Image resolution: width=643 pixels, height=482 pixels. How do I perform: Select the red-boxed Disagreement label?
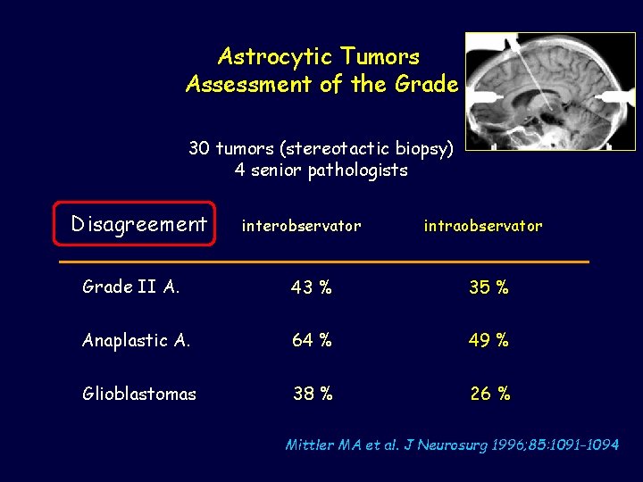coord(138,224)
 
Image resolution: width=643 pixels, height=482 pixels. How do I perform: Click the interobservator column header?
coord(301,226)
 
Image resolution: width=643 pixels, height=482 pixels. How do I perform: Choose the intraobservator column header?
coord(482,226)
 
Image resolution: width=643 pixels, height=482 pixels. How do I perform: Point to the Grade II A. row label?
coord(130,287)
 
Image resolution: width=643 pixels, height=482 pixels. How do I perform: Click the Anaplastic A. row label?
coord(136,340)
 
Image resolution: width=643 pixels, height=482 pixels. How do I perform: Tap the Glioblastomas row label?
coord(138,394)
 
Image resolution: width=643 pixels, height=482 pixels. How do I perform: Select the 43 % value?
coord(311,287)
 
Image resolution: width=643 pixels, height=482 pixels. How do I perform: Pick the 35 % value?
coord(489,287)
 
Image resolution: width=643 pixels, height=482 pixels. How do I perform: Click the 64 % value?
coord(311,340)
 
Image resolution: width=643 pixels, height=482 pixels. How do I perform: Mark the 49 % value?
coord(489,340)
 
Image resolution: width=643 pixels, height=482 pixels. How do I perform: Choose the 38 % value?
coord(313,394)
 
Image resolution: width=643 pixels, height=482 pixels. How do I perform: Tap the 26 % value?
coord(490,394)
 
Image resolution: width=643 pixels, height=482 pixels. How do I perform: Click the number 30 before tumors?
coord(199,147)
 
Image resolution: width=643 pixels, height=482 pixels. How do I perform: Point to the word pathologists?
coord(357,170)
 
